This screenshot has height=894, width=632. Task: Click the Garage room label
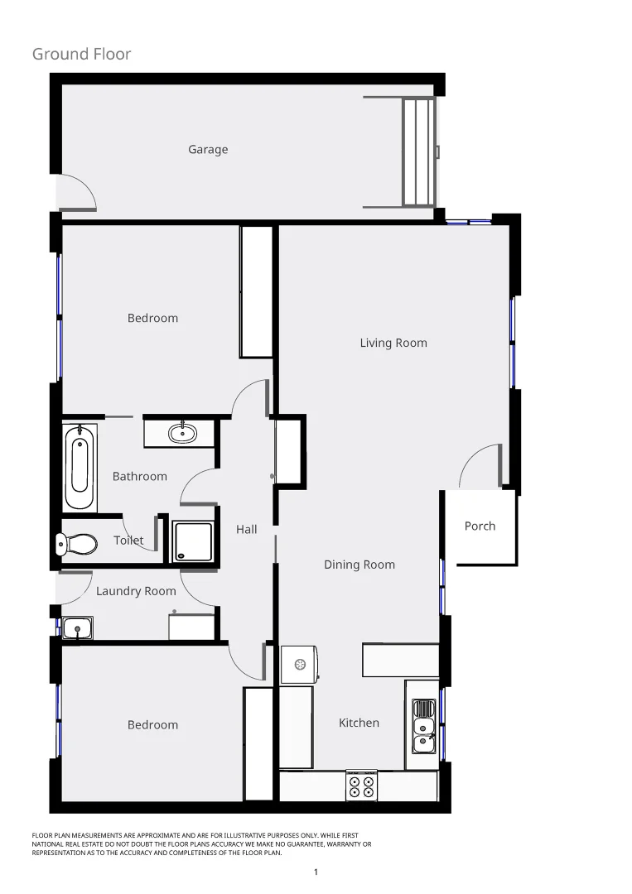pyautogui.click(x=208, y=150)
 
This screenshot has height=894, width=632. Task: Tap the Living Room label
pyautogui.click(x=393, y=343)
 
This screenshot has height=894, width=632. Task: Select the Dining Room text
pyautogui.click(x=359, y=565)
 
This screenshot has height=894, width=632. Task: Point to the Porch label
pyautogui.click(x=480, y=526)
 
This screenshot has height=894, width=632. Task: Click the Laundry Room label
pyautogui.click(x=136, y=591)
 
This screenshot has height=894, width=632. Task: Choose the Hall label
pyautogui.click(x=247, y=530)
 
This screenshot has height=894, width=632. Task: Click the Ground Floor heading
pyautogui.click(x=81, y=55)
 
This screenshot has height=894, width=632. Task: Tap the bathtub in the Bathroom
pyautogui.click(x=80, y=468)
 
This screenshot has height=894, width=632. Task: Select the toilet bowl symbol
pyautogui.click(x=77, y=544)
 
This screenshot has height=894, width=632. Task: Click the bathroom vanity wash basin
pyautogui.click(x=182, y=433)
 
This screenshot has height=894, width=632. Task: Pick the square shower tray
pyautogui.click(x=193, y=541)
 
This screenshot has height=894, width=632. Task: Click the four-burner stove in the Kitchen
pyautogui.click(x=361, y=786)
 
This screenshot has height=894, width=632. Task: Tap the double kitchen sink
pyautogui.click(x=424, y=726)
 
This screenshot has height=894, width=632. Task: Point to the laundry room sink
pyautogui.click(x=77, y=628)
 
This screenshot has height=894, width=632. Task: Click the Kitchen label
pyautogui.click(x=359, y=723)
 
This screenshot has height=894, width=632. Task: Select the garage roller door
pyautogui.click(x=418, y=151)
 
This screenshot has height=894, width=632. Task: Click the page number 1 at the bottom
pyautogui.click(x=316, y=872)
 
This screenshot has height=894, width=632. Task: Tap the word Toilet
pyautogui.click(x=128, y=541)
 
